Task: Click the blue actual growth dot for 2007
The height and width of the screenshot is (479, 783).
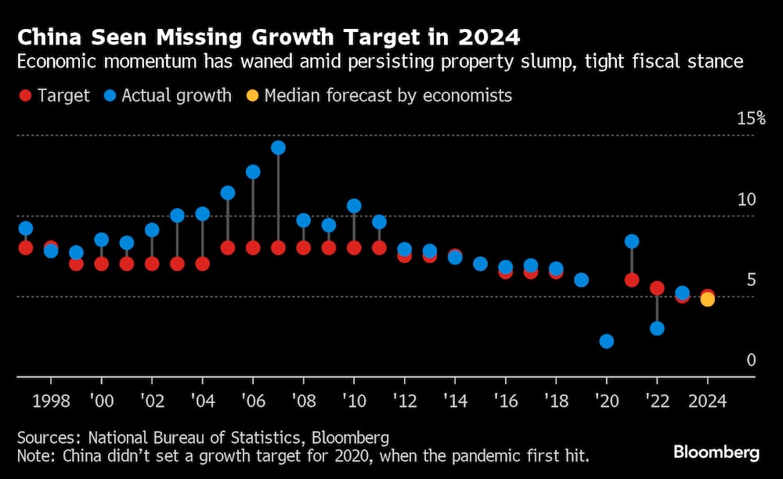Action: click(278, 148)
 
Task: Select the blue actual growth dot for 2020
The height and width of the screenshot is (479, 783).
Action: click(606, 341)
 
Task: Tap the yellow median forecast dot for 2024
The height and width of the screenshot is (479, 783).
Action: click(707, 299)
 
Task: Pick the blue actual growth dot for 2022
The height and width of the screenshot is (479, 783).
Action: click(657, 328)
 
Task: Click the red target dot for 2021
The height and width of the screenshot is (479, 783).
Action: click(632, 279)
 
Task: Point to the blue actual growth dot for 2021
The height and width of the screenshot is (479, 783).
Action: click(632, 241)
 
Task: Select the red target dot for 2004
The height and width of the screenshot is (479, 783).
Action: click(203, 264)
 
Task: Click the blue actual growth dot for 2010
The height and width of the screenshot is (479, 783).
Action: click(354, 206)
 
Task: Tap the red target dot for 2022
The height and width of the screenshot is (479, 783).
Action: click(657, 288)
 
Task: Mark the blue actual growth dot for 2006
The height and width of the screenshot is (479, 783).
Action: click(253, 171)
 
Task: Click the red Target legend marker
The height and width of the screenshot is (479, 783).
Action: click(25, 96)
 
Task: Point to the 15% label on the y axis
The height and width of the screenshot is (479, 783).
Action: click(750, 118)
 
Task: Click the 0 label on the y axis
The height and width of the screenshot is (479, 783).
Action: click(751, 361)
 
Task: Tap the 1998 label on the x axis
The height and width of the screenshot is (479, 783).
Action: click(51, 401)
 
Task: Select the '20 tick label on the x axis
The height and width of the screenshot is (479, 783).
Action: click(606, 401)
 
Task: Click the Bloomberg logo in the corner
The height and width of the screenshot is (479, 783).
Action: click(716, 452)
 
